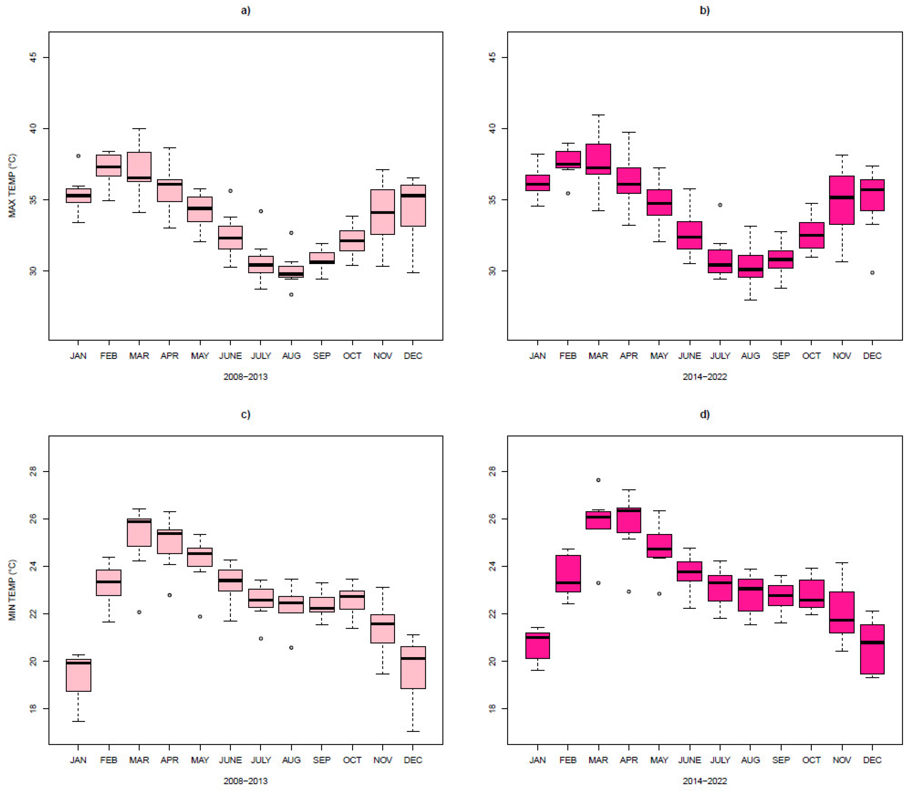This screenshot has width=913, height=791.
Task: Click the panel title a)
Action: [x=245, y=10]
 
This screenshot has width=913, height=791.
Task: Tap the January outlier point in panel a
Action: [x=79, y=156]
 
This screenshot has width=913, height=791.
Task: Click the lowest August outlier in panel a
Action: [x=291, y=294]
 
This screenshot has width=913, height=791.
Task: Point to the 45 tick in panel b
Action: [x=493, y=57]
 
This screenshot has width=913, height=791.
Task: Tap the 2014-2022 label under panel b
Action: [x=704, y=377]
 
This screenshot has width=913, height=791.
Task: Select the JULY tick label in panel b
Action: [x=720, y=356]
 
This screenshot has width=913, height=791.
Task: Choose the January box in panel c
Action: [x=79, y=675]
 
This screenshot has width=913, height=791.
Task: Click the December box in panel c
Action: [x=413, y=667]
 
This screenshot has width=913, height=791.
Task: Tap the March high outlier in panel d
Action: [x=598, y=480]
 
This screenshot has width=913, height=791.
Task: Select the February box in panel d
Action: [x=568, y=573]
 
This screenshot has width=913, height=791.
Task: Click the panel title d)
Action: [x=704, y=414]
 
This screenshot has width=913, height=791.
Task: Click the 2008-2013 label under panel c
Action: [x=245, y=781]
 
